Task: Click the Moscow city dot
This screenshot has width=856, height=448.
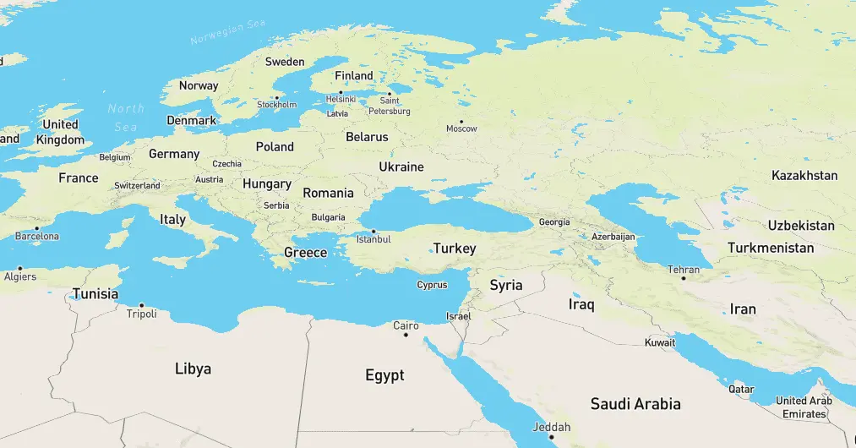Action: coord(461,121)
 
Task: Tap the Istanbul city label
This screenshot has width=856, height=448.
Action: coord(373,239)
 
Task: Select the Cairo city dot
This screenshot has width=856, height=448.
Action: coord(406,335)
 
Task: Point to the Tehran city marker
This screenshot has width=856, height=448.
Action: coord(684,278)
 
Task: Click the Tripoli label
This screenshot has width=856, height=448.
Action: coord(141,314)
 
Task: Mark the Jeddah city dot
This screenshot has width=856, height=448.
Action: coord(551,436)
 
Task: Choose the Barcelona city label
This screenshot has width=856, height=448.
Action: coord(37,237)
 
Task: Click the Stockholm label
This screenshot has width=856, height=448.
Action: coord(277,105)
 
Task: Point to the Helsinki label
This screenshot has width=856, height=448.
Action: coord(341,99)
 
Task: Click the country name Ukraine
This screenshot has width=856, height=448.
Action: coord(401,167)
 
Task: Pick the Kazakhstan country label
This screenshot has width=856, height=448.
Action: coord(804,175)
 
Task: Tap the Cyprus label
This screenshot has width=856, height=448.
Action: coord(432,285)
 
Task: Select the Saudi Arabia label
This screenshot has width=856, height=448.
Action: coord(635,403)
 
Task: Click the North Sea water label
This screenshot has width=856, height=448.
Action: coord(126,117)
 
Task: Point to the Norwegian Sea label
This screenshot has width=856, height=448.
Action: coord(228,33)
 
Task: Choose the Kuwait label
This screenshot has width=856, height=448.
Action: coord(660,343)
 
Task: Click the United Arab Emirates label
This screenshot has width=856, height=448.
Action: coord(804,407)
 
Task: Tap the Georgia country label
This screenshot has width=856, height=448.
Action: coord(554,222)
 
